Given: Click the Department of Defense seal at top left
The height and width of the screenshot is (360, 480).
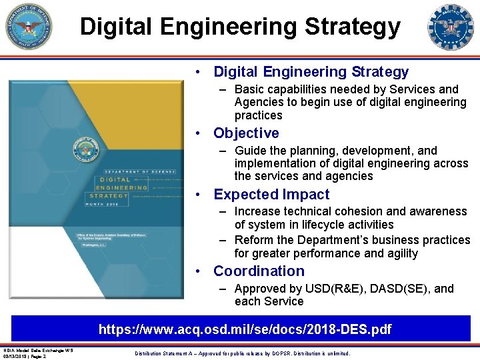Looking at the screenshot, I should [29, 26].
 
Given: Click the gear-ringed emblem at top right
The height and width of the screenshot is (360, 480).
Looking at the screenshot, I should [450, 26].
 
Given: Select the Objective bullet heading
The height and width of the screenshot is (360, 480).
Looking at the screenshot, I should [246, 133].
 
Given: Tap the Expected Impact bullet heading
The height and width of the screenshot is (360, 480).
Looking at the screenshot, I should [271, 195].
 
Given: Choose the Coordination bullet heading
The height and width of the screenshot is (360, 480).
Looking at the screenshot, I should [259, 271].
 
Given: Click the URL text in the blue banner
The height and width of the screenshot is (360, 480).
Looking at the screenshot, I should [245, 329].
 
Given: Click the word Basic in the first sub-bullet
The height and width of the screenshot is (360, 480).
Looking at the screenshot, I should [249, 89].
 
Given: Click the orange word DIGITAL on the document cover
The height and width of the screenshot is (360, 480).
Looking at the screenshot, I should [115, 180].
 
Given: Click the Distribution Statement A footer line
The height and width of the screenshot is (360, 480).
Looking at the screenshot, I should [242, 353].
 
